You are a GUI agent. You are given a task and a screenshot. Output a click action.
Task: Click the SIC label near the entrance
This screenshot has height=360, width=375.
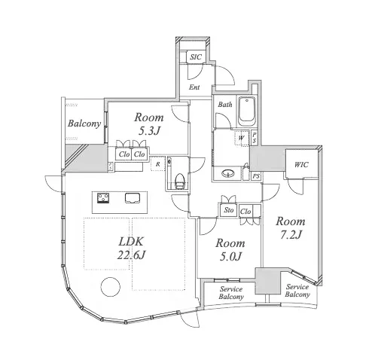[196, 57]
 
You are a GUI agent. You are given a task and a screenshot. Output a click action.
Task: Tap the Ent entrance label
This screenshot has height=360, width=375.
[194, 87]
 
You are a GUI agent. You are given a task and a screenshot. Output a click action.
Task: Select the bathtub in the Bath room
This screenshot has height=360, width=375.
[247, 111]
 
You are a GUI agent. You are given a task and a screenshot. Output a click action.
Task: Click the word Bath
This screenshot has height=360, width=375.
[225, 104]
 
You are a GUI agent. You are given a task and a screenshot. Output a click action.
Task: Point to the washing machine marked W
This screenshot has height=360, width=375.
[241, 138]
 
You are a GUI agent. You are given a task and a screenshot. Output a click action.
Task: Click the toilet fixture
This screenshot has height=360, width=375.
[180, 180]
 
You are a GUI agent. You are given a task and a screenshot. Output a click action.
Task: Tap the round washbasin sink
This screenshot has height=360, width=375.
[228, 173]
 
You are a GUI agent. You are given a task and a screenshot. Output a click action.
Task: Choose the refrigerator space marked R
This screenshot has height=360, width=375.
[158, 164]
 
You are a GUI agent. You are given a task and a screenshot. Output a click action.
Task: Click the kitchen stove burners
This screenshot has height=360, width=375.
[103, 198]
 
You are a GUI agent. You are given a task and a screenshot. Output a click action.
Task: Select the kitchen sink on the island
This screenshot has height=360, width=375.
[132, 198]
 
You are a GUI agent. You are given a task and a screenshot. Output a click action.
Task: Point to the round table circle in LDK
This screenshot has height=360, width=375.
[111, 287]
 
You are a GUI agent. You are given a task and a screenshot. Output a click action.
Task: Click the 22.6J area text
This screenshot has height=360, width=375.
[131, 255]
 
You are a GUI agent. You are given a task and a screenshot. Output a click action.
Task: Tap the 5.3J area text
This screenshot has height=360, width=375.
[149, 131]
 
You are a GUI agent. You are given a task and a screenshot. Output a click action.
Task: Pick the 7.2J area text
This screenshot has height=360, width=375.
[291, 234]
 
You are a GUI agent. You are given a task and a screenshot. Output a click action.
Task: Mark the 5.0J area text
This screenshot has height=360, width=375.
[230, 256]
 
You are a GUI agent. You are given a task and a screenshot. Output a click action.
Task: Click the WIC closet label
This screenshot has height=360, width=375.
[301, 165]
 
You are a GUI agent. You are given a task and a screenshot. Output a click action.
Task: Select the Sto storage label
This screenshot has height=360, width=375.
[229, 210]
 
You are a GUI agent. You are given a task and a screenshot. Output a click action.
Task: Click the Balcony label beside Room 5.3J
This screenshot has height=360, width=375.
[84, 124]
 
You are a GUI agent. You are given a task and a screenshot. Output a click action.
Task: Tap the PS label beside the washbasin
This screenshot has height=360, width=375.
[256, 176]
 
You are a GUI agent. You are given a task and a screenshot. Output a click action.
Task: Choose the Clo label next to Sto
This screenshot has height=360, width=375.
[245, 212]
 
